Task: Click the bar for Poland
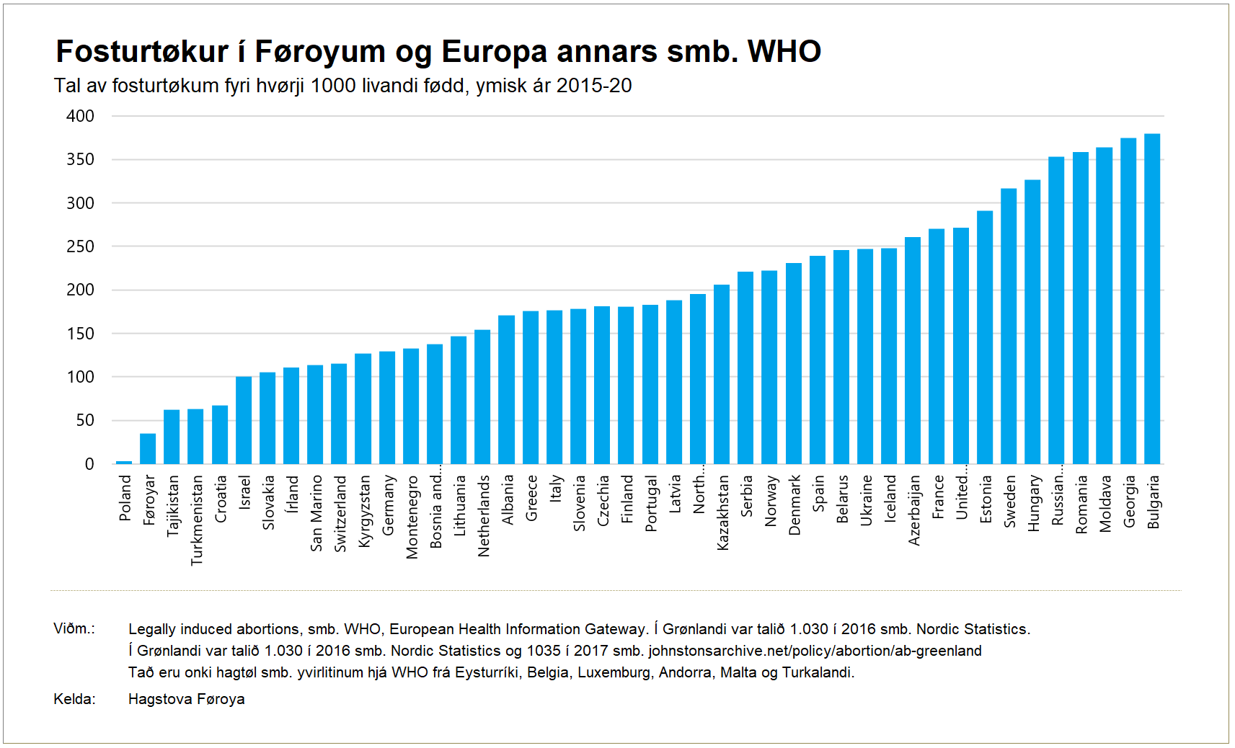[x=124, y=462]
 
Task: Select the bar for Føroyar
[x=148, y=448]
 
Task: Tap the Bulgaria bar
[x=1152, y=298]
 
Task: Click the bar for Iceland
[x=889, y=356]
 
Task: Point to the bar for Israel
[x=244, y=419]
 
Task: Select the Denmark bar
[x=794, y=363]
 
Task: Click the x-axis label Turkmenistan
[x=196, y=520]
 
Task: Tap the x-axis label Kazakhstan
[x=722, y=512]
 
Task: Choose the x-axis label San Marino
[x=316, y=513]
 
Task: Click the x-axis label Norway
[x=770, y=500]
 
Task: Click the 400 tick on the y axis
[x=80, y=116]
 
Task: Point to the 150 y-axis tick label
[x=80, y=334]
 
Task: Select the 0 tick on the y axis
[x=89, y=464]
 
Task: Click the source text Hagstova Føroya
[x=186, y=699]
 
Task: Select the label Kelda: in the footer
[x=74, y=699]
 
